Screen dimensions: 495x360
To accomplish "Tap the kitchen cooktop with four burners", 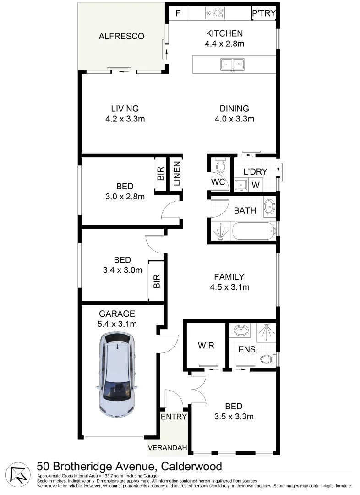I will click(x=215, y=13).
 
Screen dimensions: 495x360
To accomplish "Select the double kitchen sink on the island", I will click(x=232, y=64).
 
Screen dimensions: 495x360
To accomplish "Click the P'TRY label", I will click(x=264, y=13).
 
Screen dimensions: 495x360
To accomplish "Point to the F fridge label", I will click(x=178, y=13).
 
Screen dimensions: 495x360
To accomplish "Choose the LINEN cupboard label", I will click(x=177, y=174).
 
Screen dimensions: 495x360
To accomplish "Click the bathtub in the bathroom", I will click(x=253, y=231).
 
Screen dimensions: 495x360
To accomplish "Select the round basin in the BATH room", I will click(x=269, y=206).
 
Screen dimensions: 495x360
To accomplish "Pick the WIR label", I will click(x=206, y=346).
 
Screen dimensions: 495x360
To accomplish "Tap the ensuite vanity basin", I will click(x=240, y=330).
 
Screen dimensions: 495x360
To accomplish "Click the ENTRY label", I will click(x=174, y=417).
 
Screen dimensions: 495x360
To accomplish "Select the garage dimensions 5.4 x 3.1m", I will click(x=117, y=324).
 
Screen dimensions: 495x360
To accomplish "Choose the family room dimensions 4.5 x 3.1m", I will click(x=229, y=287).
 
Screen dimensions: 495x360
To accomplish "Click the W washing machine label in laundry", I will click(x=256, y=185).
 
